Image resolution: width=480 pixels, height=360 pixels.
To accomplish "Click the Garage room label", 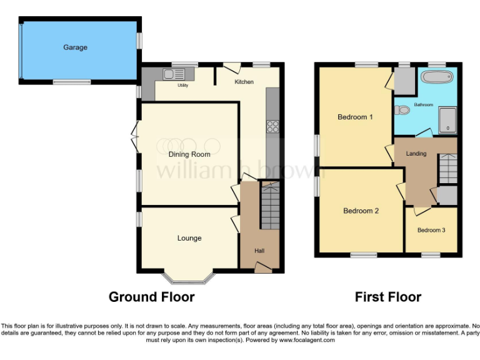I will [x=75, y=47].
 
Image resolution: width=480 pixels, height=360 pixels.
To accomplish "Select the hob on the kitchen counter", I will [x=273, y=127].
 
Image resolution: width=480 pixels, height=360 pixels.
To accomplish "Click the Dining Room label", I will [x=189, y=154].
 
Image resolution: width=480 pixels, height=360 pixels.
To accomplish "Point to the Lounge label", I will [x=189, y=238].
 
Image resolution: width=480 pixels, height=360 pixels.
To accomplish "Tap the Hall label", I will [x=259, y=251].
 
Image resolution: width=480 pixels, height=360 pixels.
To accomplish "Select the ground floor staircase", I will [x=270, y=205].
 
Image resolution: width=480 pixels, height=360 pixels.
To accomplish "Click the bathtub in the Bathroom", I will [x=438, y=78].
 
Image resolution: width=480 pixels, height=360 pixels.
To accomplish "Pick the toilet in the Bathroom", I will [x=402, y=110].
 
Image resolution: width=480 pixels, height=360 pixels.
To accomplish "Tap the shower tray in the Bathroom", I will [x=447, y=121].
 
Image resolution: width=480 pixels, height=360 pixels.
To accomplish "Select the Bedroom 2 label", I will [x=361, y=211].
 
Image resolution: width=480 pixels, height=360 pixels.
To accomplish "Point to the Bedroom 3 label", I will [x=431, y=230].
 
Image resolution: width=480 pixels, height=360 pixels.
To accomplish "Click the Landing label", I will [x=416, y=154].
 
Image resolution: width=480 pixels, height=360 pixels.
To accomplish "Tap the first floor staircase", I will [x=447, y=169].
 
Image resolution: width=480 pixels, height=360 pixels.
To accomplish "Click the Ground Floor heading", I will [x=151, y=297].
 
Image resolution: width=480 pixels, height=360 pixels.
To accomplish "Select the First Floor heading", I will [x=387, y=297].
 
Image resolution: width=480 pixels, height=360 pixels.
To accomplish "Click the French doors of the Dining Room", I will [x=136, y=136].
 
